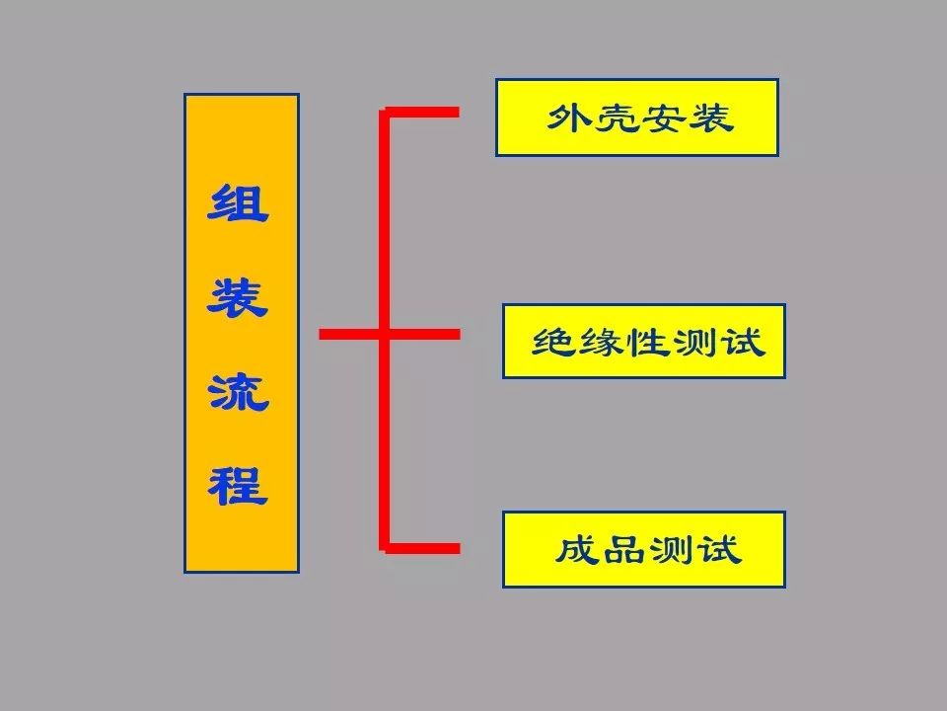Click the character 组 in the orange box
coord(239,204)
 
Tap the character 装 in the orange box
coord(239,297)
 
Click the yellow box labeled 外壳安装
coord(636,118)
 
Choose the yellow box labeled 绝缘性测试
coord(643,341)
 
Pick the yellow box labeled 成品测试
coord(643,549)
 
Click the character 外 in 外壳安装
coord(569,118)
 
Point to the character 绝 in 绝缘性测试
coord(554,342)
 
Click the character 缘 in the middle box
coord(601,342)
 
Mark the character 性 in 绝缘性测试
coord(647,342)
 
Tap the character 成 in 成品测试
coord(575,549)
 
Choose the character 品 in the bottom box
coord(622,549)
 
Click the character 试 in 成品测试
coord(717,549)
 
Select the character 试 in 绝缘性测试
coord(742,342)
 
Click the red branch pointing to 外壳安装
coord(424,112)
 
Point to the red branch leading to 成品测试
coord(424,547)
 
